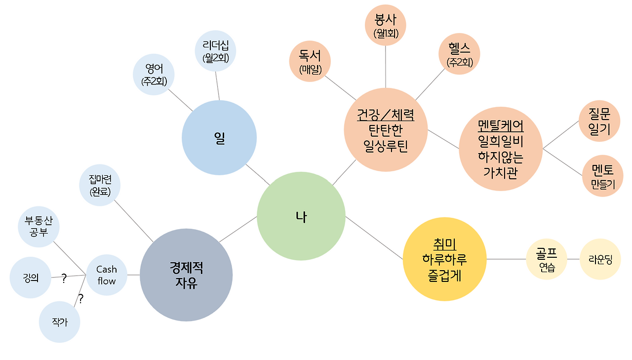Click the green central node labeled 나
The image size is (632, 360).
pos(301,216)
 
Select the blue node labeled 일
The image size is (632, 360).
pos(219,138)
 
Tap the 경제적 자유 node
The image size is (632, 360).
pos(186,275)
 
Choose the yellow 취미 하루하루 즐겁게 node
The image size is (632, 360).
pos(444,259)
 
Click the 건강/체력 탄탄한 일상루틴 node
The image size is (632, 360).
pos(386,130)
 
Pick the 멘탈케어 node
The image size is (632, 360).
pos(501,148)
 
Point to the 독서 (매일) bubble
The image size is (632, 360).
pos(310,62)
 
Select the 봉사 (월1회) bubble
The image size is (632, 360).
pos(385,26)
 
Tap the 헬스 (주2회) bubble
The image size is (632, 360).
pos(459,54)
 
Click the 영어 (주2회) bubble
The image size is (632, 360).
pos(154,75)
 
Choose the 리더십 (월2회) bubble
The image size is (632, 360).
pos(215,51)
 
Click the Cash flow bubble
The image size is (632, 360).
pos(107,275)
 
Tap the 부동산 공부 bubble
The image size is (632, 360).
pos(39,226)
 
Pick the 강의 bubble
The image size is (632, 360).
pos(31,278)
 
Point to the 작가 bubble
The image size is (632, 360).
pos(59,322)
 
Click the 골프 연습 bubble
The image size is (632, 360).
pos(547,259)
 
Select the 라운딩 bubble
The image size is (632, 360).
pos(600,259)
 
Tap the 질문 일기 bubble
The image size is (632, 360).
pos(599,121)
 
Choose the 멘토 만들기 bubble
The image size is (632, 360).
pos(602,176)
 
